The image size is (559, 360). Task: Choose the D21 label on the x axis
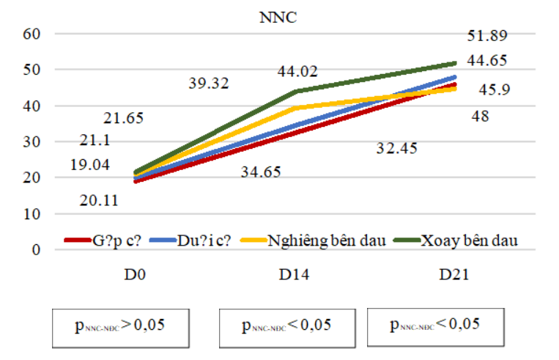(454, 276)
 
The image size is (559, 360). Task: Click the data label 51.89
(488, 35)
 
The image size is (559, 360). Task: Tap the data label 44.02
(297, 72)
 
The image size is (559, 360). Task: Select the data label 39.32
(209, 84)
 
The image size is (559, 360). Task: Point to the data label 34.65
(261, 172)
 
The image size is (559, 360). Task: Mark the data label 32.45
(396, 149)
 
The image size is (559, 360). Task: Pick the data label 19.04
(90, 165)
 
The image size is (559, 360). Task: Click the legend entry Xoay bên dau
(470, 240)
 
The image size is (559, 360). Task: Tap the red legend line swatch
(76, 240)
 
